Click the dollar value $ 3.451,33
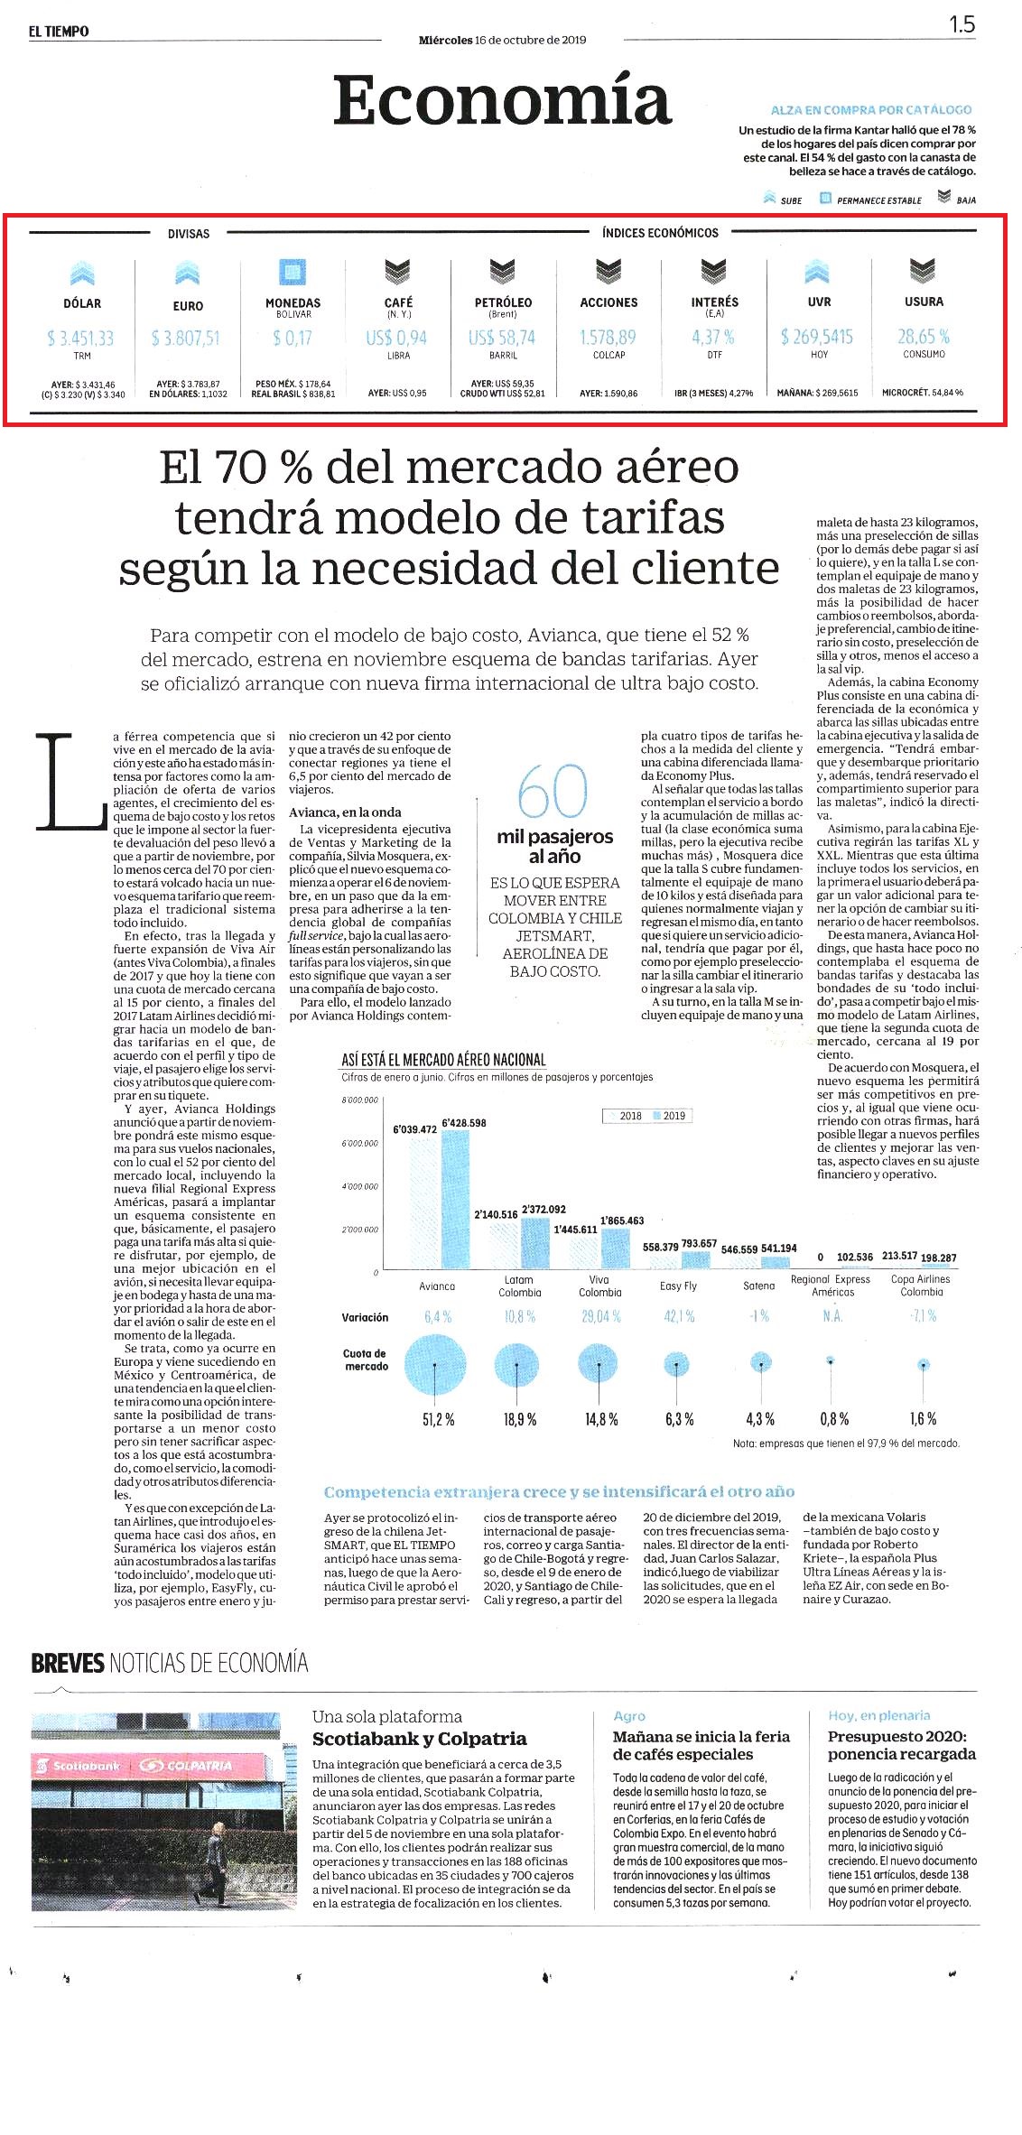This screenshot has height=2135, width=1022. pos(80,339)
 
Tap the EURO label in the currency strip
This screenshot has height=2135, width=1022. pos(188,306)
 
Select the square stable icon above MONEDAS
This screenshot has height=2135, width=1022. pos(293,272)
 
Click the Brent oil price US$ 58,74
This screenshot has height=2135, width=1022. pos(502,338)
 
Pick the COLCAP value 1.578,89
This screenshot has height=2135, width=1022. pos(609,338)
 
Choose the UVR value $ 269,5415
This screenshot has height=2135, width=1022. pos(817,337)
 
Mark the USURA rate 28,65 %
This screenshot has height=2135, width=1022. pos(924,337)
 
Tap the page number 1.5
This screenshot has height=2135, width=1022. pos(962,24)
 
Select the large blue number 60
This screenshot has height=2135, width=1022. pos(553,791)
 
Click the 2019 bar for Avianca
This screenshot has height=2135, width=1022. pos(455,1200)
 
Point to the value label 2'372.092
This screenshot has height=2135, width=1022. pos(544,1210)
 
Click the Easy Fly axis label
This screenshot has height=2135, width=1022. pos(678,1286)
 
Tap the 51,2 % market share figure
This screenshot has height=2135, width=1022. pos(439,1419)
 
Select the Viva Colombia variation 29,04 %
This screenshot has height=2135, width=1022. pos(601,1316)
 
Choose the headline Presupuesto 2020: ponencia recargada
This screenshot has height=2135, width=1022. pos(902,1745)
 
